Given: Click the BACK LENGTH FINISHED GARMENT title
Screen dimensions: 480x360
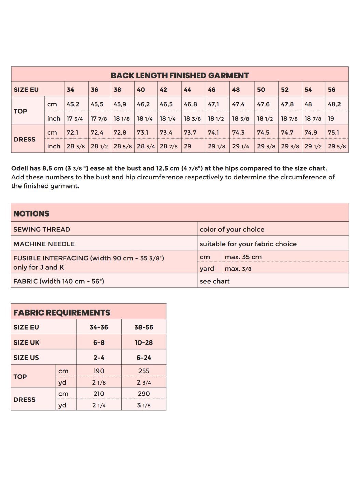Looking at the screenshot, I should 180,75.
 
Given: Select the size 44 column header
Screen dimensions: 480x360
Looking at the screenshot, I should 187,90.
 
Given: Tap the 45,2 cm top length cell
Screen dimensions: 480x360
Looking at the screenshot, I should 73,104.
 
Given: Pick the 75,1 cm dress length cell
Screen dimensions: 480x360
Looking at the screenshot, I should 333,133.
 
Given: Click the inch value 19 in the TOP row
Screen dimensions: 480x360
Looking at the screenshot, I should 331,119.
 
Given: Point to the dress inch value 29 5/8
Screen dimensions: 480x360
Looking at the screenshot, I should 337,146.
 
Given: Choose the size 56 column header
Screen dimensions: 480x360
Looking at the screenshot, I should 332,90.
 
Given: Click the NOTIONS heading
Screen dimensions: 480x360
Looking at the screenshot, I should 31,213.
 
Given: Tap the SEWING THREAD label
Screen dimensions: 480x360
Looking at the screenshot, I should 42,229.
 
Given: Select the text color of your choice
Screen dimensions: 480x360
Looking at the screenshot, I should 232,229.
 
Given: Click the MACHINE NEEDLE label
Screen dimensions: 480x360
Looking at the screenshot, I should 44,244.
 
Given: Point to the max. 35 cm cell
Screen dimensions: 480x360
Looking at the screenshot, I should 243,257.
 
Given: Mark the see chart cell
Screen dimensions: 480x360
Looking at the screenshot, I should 215,281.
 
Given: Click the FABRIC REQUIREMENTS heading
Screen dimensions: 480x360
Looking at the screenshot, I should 62,313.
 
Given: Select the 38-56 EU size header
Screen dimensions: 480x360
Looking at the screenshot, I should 144,327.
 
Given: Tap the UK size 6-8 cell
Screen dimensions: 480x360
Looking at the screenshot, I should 99,342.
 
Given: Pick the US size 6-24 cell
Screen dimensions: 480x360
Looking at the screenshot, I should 144,358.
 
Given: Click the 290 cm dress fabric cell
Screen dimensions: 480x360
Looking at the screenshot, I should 144,394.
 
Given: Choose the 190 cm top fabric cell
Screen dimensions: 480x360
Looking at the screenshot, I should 99,371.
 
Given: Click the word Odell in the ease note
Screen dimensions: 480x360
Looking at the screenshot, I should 19,168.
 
